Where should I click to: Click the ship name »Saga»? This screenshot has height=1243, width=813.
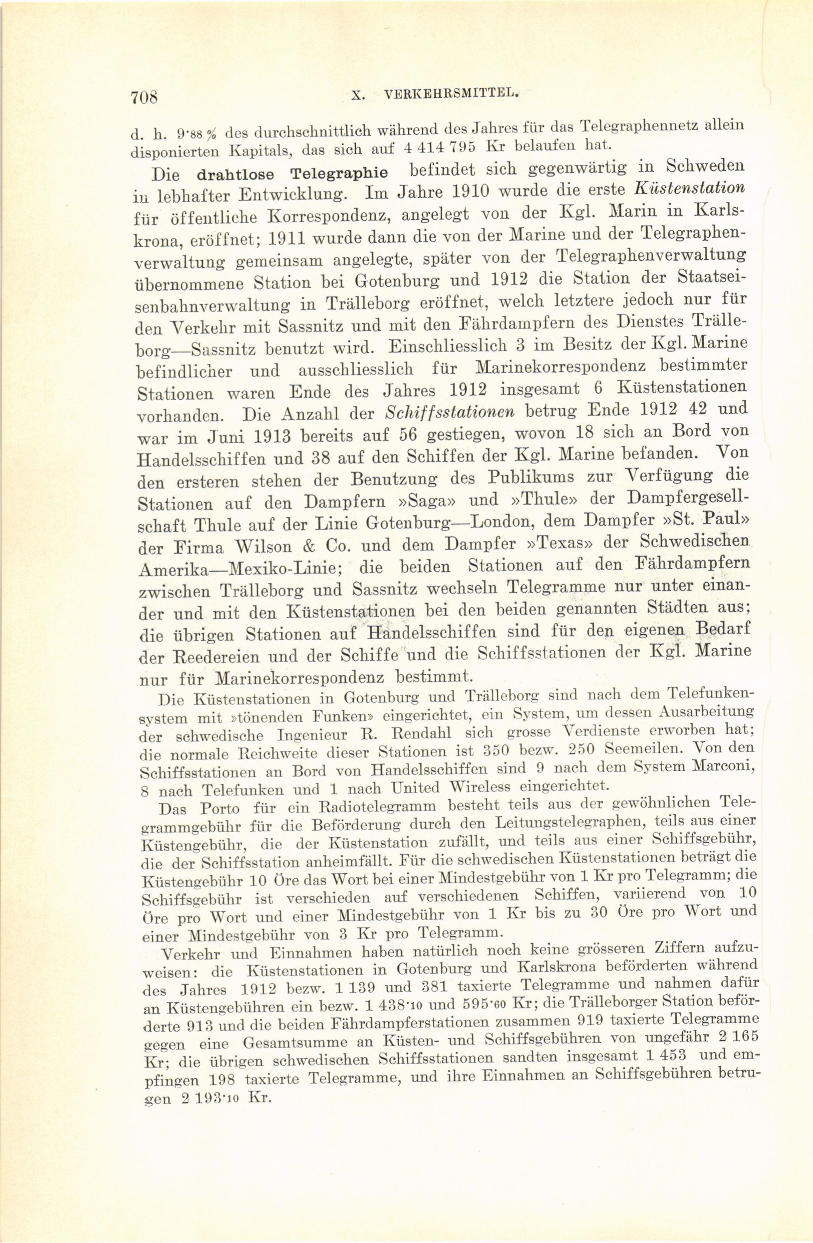tap(425, 502)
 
